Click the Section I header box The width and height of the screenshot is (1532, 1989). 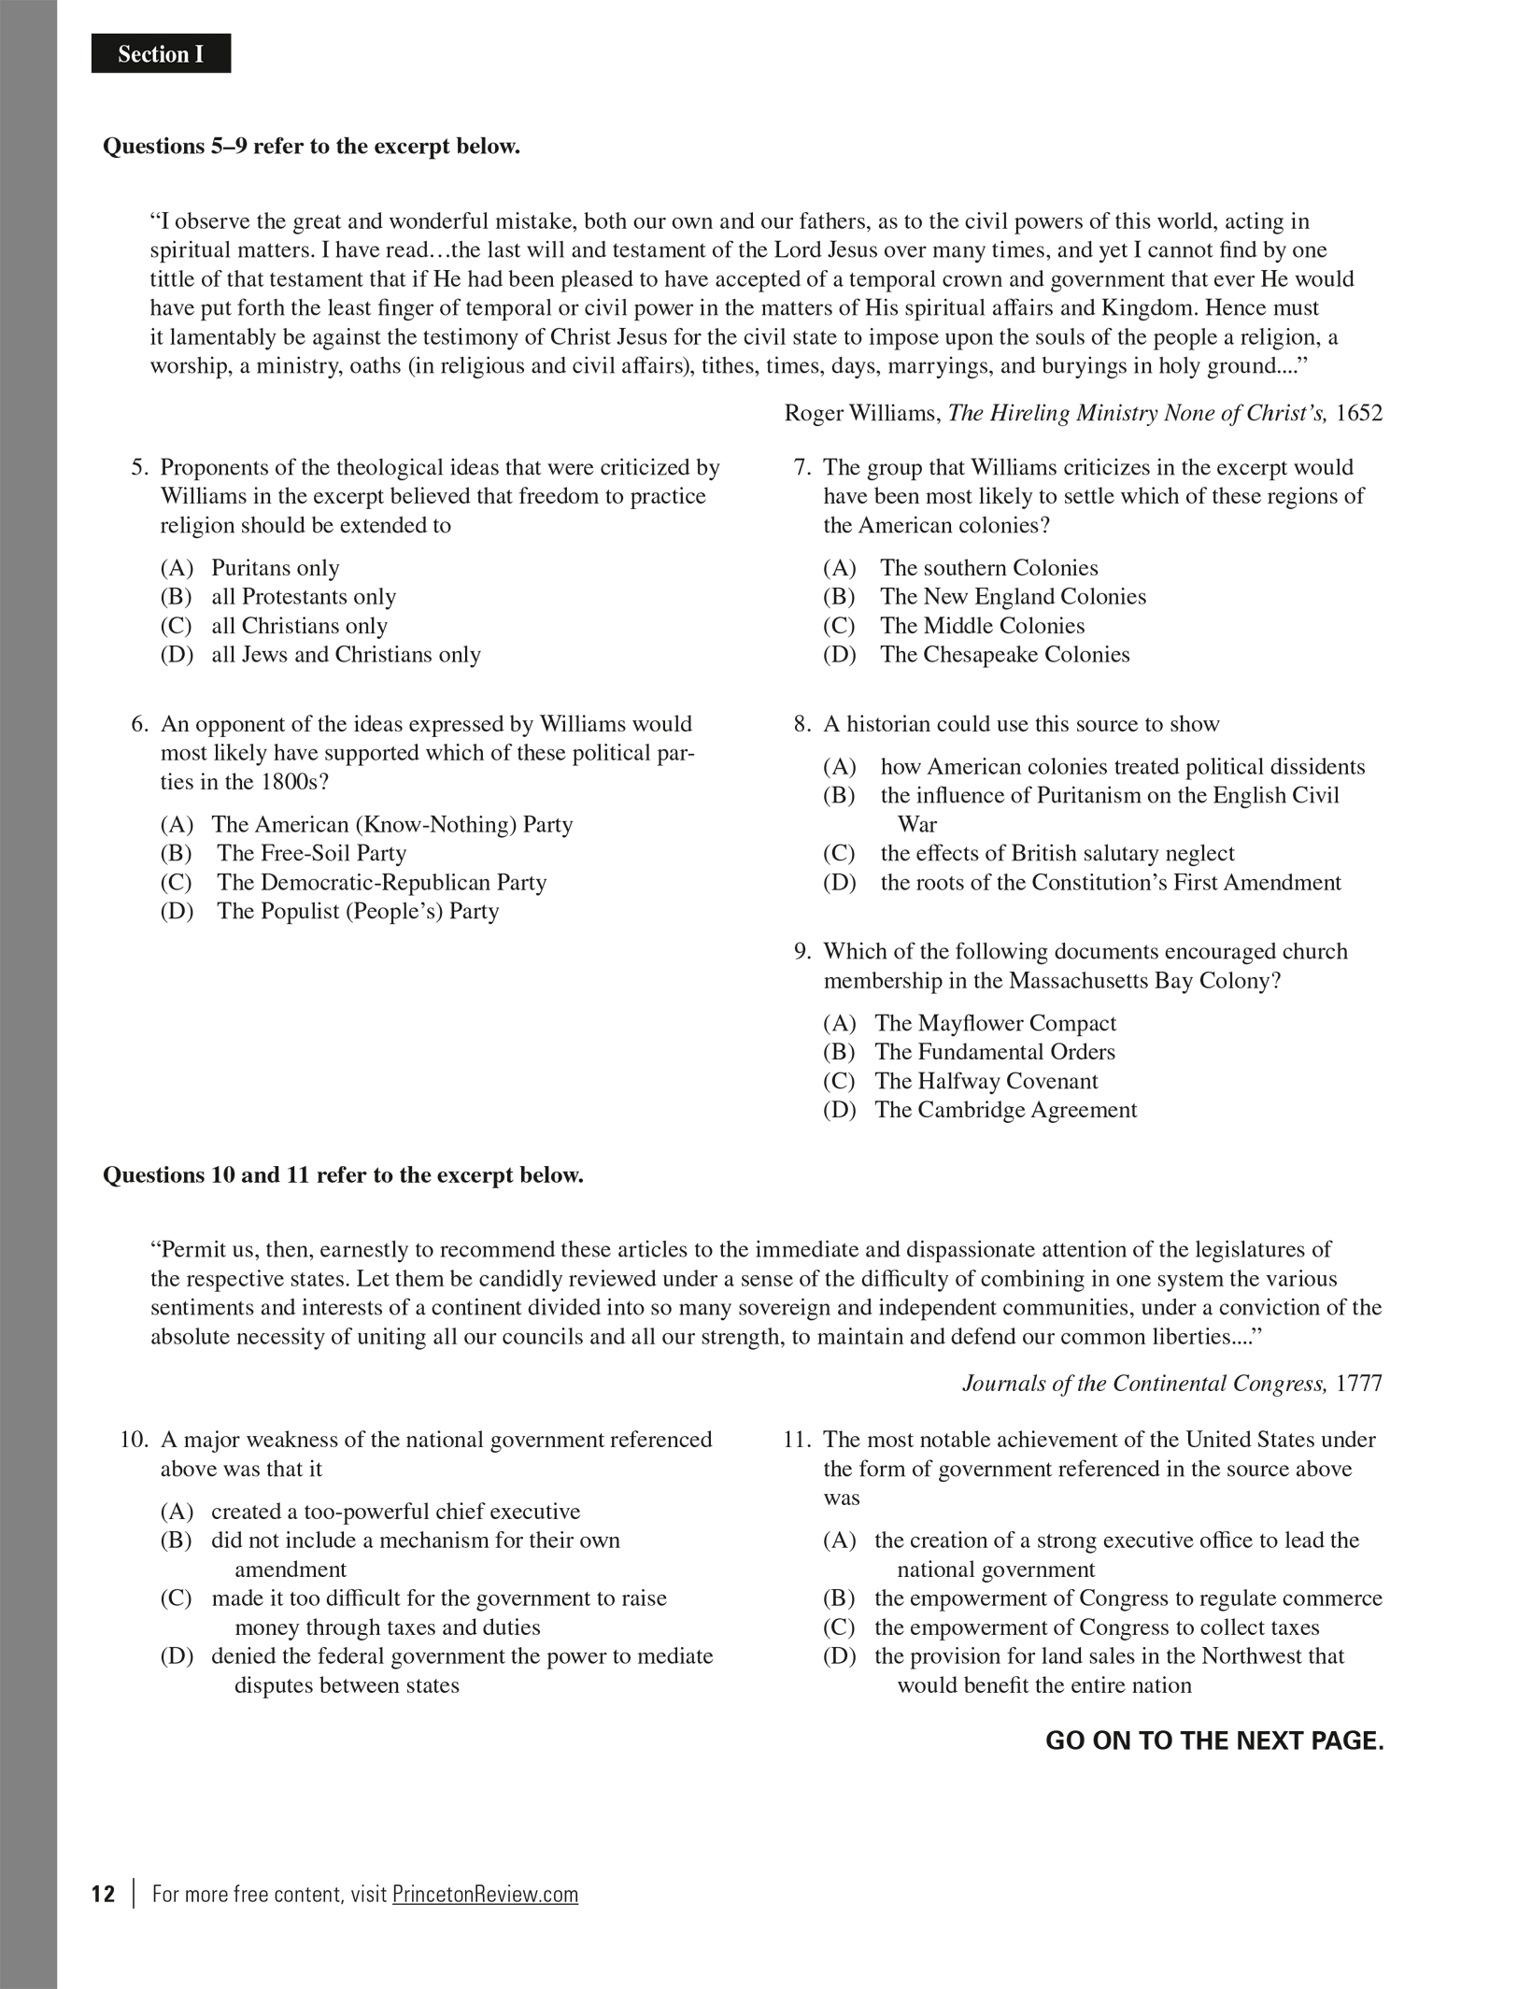pos(161,54)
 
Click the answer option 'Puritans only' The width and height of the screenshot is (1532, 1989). pos(275,568)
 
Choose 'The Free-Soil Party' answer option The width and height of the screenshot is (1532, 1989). pos(311,853)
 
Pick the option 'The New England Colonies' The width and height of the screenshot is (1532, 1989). pos(1012,597)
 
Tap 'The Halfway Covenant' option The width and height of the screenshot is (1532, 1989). pos(986,1081)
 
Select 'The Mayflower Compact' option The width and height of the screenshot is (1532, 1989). pos(995,1023)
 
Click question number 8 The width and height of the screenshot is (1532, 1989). pos(801,724)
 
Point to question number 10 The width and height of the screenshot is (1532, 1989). pos(134,1440)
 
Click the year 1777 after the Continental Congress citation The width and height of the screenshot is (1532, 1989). pos(1358,1384)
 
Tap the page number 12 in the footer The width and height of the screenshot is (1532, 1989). pos(103,1894)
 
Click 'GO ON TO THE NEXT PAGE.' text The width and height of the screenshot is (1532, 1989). pos(1213,1740)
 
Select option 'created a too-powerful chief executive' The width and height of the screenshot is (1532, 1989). pos(395,1512)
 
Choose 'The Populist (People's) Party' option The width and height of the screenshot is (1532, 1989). pos(358,911)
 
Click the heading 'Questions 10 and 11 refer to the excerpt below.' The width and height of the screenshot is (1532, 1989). pos(343,1175)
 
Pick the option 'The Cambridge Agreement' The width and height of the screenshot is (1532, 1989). pos(1005,1110)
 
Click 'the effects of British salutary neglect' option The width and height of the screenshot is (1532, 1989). pos(1057,853)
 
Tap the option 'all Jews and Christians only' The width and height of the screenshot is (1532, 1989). pos(346,655)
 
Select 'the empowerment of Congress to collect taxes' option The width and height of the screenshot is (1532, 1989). pos(1096,1627)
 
